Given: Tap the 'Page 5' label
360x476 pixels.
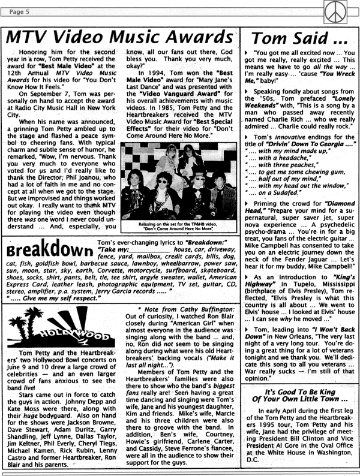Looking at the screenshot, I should pos(20,10).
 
